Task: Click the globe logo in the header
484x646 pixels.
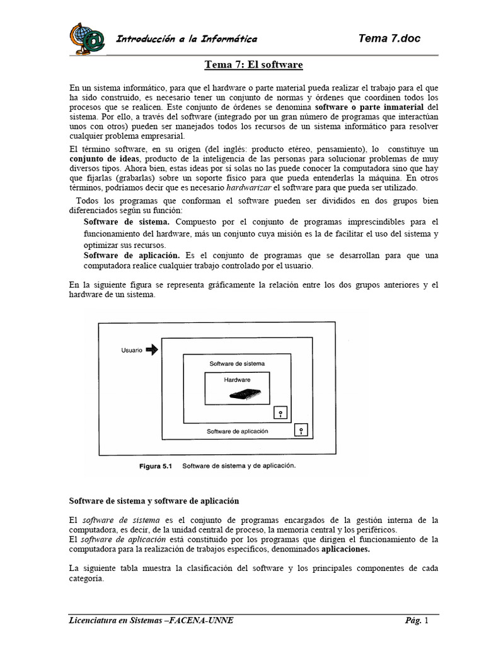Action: click(87, 38)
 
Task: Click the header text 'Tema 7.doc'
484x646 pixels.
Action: click(389, 38)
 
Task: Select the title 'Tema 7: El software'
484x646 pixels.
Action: click(254, 65)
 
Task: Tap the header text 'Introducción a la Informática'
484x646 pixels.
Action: click(186, 39)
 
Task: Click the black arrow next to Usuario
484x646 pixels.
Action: click(152, 350)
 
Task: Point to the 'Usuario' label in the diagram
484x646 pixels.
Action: click(131, 351)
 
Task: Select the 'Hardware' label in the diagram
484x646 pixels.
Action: click(237, 380)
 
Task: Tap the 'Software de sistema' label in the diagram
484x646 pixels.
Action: click(237, 363)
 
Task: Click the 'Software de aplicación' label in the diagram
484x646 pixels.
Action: click(238, 432)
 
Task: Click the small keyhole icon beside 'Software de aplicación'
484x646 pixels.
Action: click(302, 430)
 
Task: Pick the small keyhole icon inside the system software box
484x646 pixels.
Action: click(280, 413)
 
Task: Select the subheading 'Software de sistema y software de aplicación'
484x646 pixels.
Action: click(154, 501)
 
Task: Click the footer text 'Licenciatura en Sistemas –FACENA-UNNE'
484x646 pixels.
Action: click(151, 621)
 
